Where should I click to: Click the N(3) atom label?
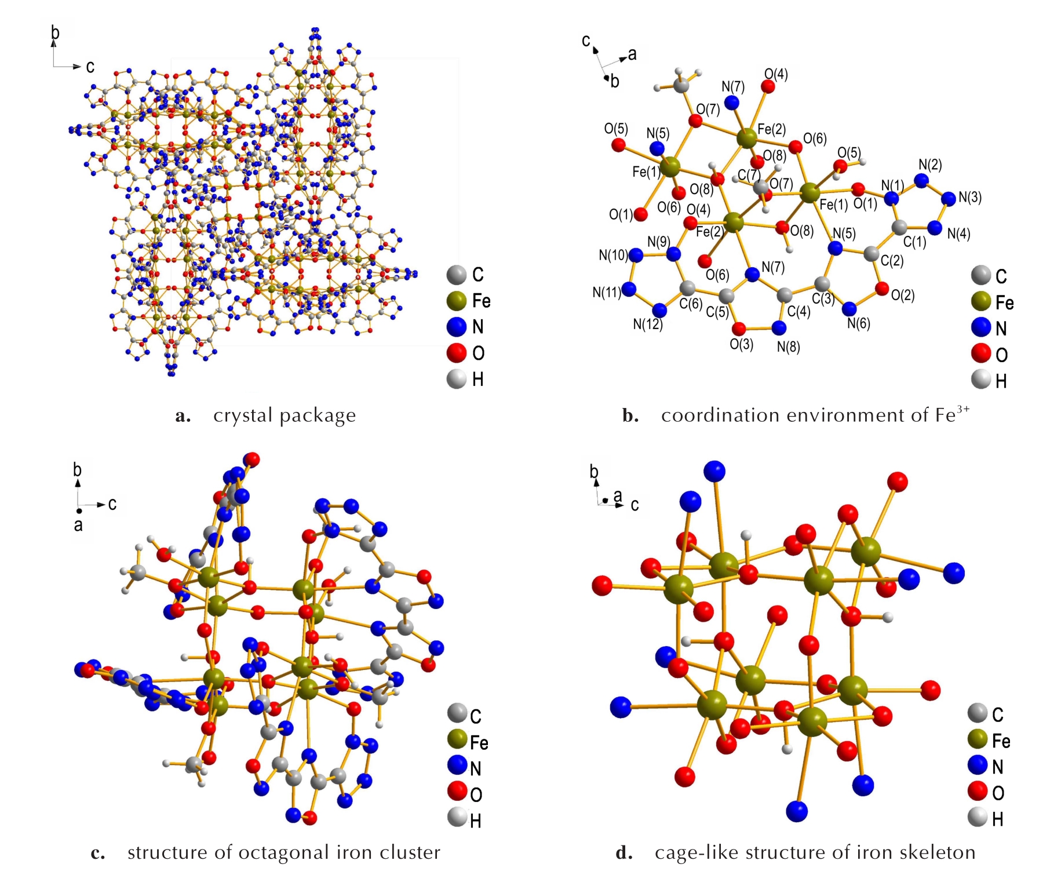[970, 198]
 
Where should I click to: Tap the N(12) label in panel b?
[647, 325]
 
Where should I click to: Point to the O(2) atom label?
[903, 296]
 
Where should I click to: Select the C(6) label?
[691, 304]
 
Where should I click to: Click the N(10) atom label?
[613, 255]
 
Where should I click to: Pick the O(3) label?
[741, 344]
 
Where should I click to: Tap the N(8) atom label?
[789, 347]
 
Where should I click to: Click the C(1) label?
[915, 242]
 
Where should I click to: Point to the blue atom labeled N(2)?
[921, 180]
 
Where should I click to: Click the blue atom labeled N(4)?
[935, 228]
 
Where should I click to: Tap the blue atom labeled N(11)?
[629, 289]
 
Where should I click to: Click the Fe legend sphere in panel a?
[457, 301]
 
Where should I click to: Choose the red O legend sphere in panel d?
[978, 792]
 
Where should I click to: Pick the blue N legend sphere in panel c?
[457, 766]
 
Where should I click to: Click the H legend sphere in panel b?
[981, 380]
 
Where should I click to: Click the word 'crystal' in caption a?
[243, 415]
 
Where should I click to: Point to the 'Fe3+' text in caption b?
[952, 414]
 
